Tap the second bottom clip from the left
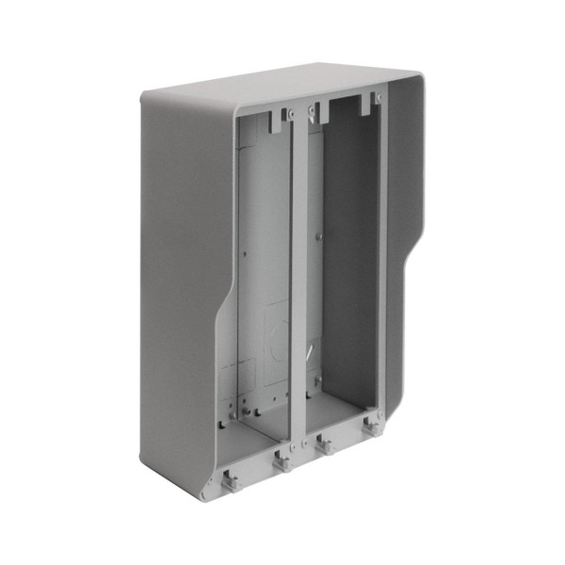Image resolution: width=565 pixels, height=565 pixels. click(x=280, y=461)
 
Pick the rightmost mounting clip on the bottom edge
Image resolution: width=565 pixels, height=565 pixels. click(x=371, y=426)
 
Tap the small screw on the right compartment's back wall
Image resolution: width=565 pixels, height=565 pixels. click(x=320, y=235)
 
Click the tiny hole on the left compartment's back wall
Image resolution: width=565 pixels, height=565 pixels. click(x=246, y=252)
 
